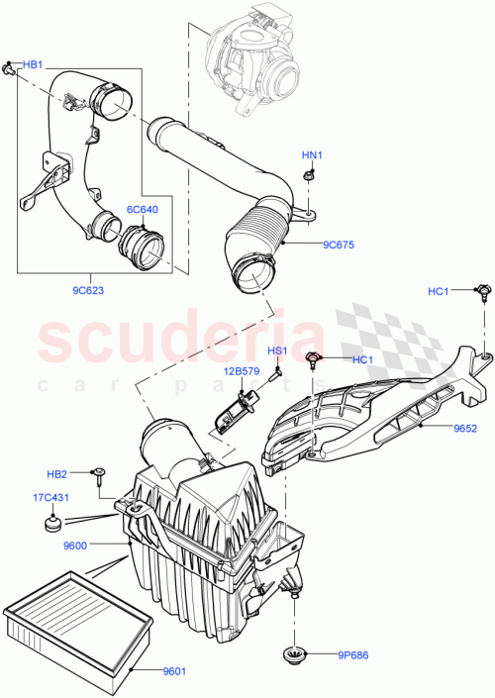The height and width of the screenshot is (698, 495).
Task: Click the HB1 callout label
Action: coord(33,64)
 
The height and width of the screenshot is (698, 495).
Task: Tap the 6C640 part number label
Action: coord(142,209)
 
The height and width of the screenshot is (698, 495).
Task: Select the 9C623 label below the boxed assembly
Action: coord(90,291)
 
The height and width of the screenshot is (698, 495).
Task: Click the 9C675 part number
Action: coord(338,245)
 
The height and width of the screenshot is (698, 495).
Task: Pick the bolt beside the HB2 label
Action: coord(100,474)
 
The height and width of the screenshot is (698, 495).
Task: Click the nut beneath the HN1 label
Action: coord(309,175)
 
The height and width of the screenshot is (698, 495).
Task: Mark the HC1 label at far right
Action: coord(439,290)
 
